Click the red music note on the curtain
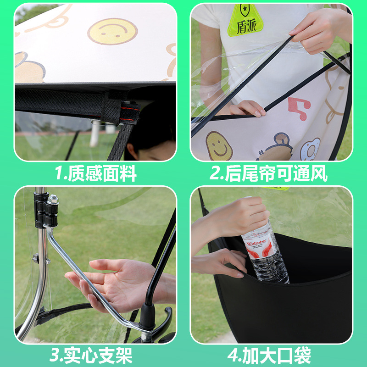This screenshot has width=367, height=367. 298,109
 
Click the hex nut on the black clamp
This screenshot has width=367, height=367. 53,200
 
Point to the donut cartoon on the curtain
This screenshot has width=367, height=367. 311,149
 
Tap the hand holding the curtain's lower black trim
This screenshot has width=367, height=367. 248,109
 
